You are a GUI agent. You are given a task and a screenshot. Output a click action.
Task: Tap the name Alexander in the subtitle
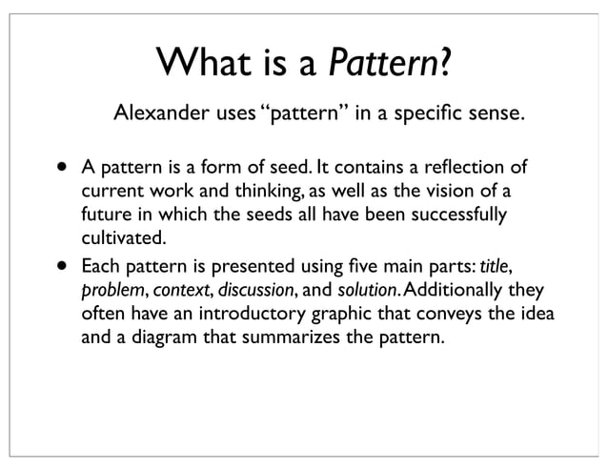coord(157,117)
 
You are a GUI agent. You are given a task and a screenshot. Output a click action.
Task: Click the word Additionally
coord(445,290)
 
